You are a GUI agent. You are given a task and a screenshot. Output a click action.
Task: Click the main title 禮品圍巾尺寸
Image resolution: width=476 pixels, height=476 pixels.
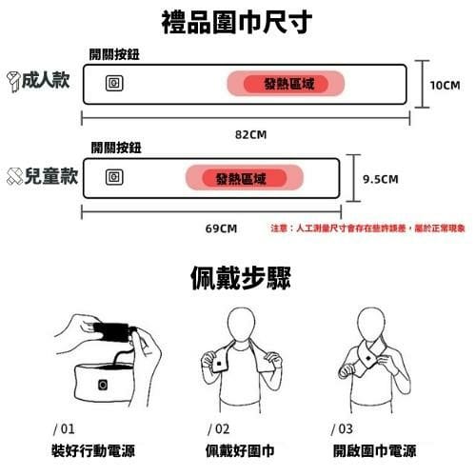[x=237, y=22]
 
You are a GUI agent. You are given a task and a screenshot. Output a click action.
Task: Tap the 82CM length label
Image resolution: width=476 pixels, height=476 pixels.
[x=250, y=134]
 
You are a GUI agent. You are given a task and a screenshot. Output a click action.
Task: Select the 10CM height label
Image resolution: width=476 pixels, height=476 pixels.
[x=445, y=85]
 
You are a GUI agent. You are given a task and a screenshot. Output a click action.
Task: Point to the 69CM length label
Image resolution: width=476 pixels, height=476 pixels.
[x=221, y=228]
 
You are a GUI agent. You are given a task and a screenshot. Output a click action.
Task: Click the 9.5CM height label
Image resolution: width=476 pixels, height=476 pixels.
[x=381, y=179]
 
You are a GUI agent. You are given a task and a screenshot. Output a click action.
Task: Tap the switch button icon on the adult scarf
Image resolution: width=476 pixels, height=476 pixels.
[x=114, y=83]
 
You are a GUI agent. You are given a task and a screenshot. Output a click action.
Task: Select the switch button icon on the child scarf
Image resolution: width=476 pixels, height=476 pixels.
[x=114, y=177]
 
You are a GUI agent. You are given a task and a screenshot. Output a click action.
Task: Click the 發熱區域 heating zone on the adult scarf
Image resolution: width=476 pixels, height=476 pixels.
[x=286, y=84]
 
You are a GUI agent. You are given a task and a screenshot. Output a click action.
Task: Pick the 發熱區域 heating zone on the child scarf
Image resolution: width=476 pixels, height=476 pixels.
[x=245, y=178]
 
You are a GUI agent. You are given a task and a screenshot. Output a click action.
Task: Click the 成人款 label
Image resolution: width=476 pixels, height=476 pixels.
[x=46, y=80]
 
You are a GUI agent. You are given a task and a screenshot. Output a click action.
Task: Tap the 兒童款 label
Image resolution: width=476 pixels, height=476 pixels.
[x=50, y=175]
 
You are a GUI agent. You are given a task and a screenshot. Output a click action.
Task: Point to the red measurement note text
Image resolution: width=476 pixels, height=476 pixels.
[x=367, y=228]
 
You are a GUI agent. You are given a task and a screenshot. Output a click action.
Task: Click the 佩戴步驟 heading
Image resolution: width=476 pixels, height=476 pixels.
[x=241, y=278]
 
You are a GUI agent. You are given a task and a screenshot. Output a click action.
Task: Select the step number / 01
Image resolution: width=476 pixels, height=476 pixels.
[x=64, y=429]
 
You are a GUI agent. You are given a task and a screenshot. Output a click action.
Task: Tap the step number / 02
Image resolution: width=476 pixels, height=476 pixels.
[x=218, y=429]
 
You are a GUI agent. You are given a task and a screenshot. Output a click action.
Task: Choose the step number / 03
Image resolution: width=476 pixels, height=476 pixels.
[x=342, y=429]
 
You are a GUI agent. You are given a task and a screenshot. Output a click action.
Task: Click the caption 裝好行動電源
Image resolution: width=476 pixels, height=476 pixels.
[x=93, y=450]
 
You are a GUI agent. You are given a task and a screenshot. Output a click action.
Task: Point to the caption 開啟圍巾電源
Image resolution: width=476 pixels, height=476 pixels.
[x=374, y=450]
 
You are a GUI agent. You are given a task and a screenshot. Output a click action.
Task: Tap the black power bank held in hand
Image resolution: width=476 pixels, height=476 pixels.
[x=111, y=332]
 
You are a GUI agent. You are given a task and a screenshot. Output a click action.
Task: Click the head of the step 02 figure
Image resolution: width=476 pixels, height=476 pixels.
[x=241, y=325]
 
